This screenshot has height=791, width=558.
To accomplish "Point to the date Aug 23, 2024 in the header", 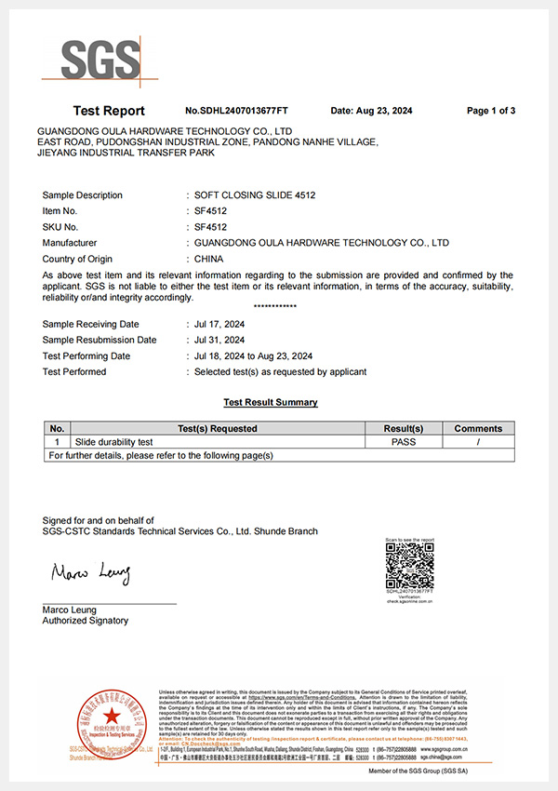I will [370, 111].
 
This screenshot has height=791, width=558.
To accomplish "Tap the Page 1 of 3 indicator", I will [491, 111].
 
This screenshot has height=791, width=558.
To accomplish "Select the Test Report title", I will [109, 111].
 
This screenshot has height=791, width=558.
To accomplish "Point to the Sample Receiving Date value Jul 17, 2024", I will [219, 324].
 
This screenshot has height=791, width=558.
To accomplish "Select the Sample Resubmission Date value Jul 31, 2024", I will [219, 340].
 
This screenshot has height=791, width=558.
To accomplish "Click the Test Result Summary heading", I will [271, 402].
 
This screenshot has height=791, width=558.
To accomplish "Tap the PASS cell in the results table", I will [404, 442].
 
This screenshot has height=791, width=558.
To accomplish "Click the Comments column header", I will [478, 428].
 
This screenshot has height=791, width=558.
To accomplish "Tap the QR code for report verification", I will [409, 566].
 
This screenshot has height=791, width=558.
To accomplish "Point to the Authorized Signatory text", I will [86, 621].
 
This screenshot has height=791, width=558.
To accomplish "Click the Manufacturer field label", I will [73, 243].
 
